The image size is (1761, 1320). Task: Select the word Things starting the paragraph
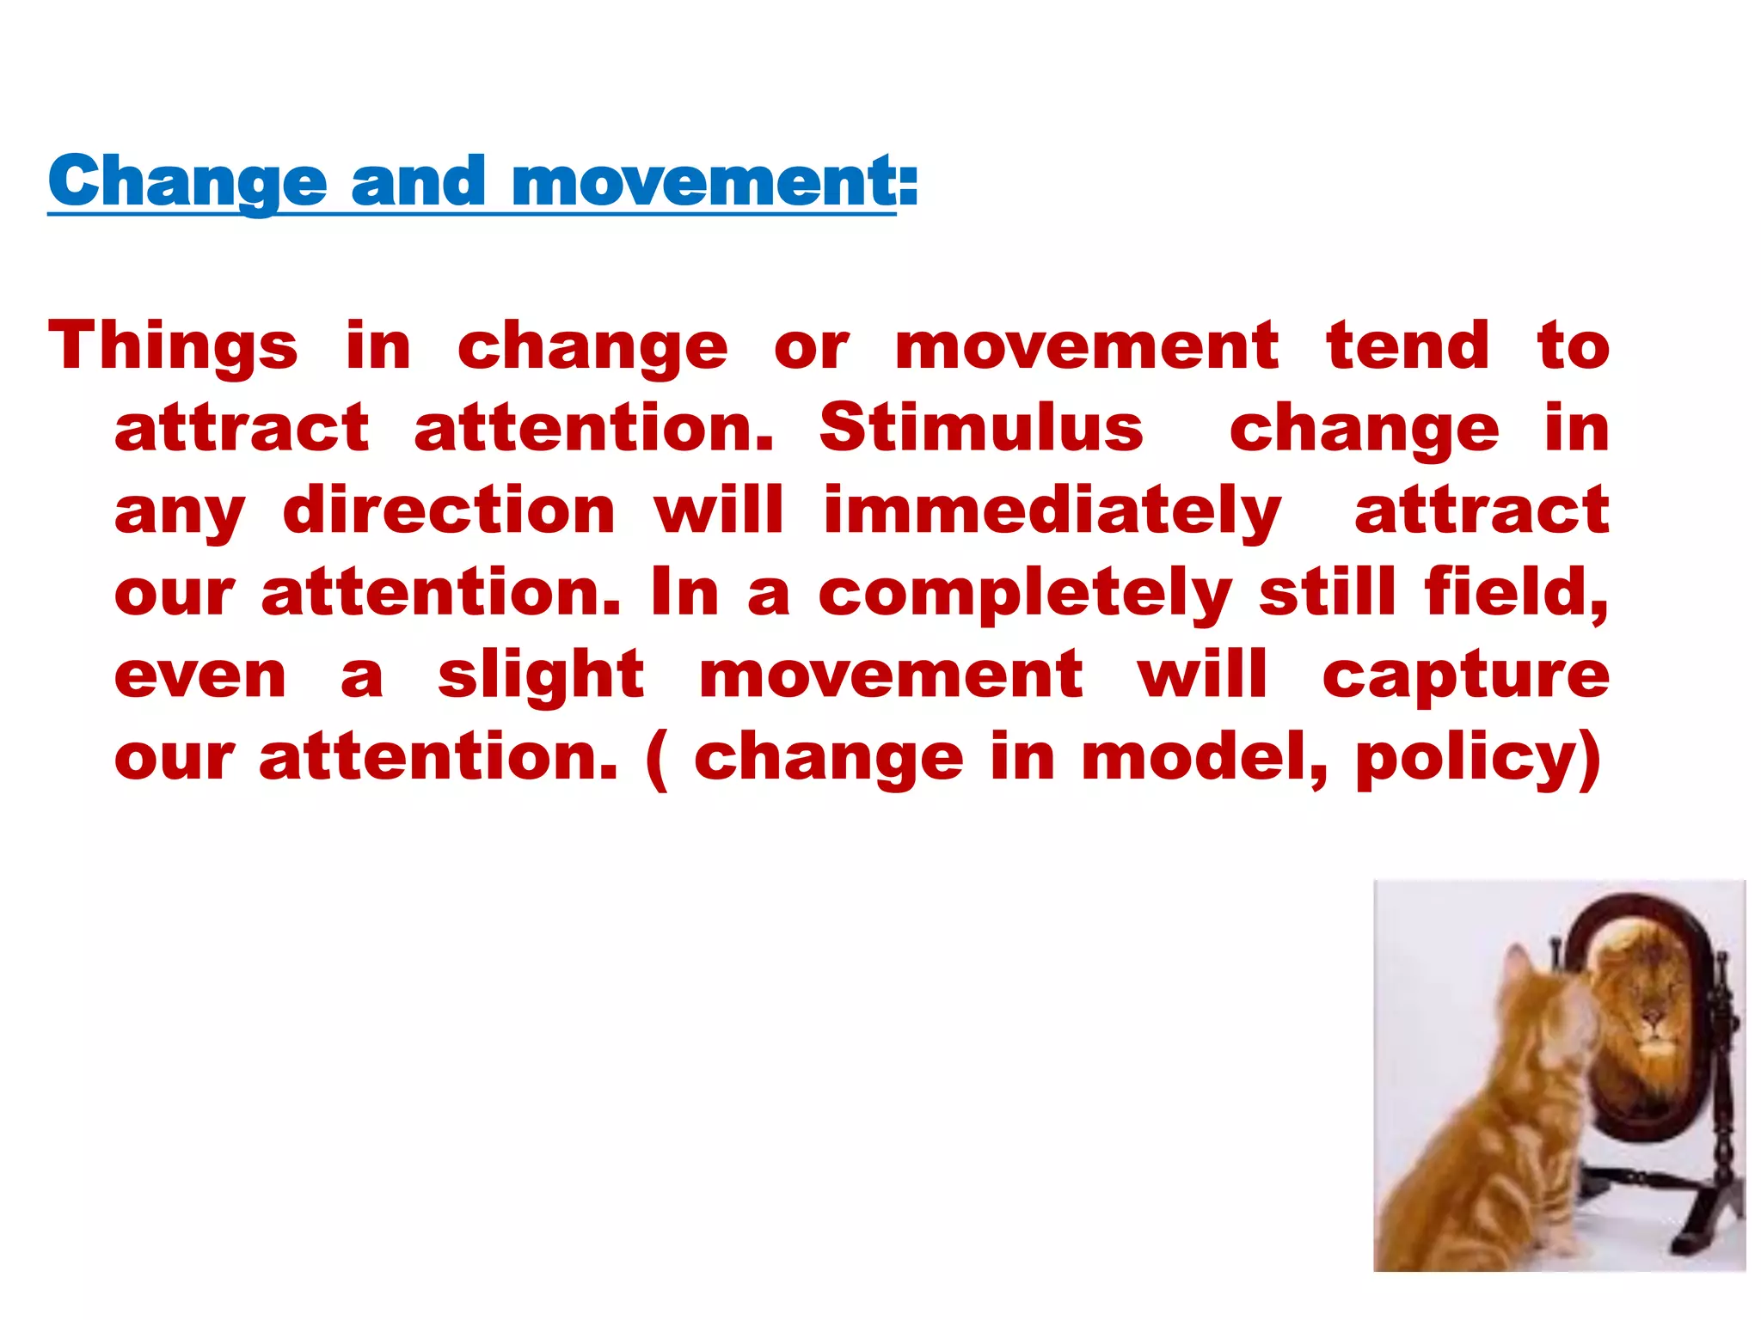[173, 346]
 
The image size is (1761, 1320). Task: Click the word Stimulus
[981, 428]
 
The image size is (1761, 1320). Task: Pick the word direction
[449, 510]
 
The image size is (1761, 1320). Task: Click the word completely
[1025, 593]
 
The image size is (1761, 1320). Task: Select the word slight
[541, 675]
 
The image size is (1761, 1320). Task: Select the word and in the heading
[419, 181]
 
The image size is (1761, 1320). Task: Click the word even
[200, 675]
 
